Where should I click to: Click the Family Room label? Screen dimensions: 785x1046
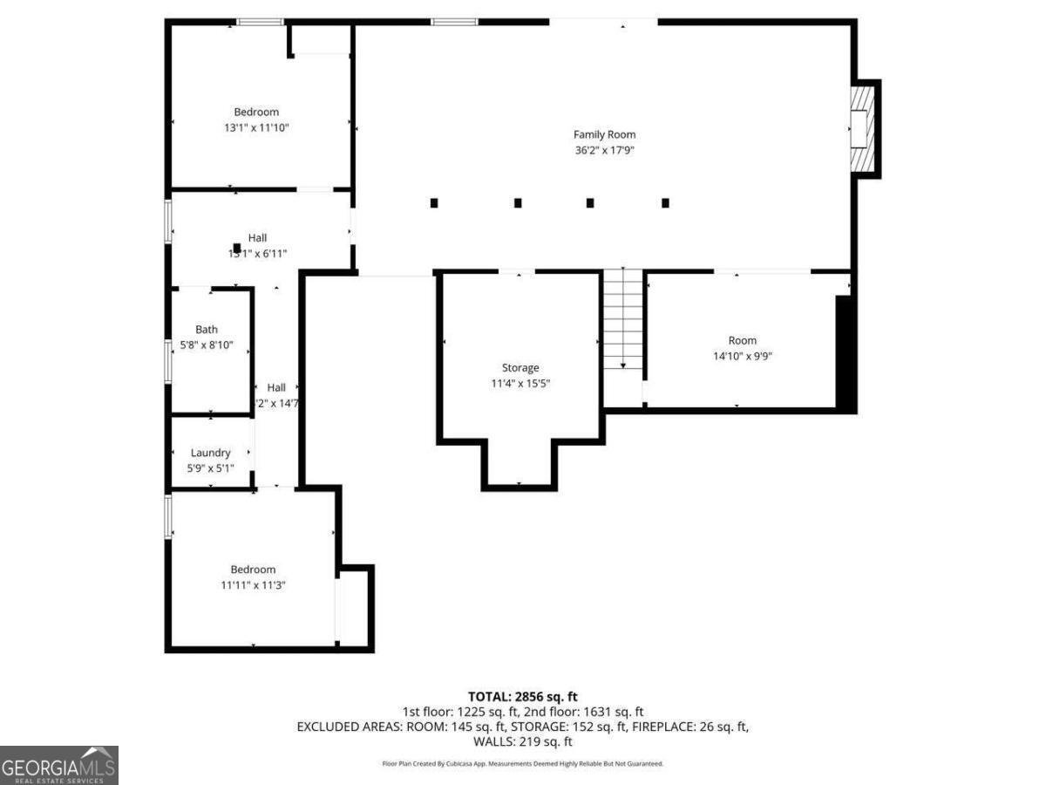[604, 134]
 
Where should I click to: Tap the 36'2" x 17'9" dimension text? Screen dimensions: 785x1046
[604, 150]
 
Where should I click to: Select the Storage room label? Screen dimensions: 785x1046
[520, 368]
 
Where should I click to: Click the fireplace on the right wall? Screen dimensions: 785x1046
[862, 128]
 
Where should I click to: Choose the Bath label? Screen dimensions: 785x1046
[207, 330]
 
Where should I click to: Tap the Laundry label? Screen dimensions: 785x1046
[210, 453]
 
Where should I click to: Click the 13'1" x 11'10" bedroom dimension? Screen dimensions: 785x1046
[256, 127]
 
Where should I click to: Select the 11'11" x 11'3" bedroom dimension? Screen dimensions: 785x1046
[253, 585]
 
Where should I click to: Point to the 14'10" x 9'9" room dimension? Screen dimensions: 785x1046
[743, 356]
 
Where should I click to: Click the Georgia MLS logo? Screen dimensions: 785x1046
[58, 765]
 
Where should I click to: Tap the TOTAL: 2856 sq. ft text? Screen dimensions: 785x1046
[523, 696]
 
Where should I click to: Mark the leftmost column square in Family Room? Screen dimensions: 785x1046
[434, 203]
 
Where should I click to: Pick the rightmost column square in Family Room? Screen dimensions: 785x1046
[665, 203]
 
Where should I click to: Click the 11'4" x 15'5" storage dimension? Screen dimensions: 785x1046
[520, 384]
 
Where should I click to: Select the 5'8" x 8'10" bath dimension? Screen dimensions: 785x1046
[207, 345]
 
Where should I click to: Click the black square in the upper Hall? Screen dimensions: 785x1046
[236, 248]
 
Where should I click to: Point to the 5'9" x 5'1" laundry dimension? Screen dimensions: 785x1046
[210, 468]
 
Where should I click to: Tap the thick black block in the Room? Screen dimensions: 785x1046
[844, 352]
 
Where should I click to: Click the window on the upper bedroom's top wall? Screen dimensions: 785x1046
[260, 22]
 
